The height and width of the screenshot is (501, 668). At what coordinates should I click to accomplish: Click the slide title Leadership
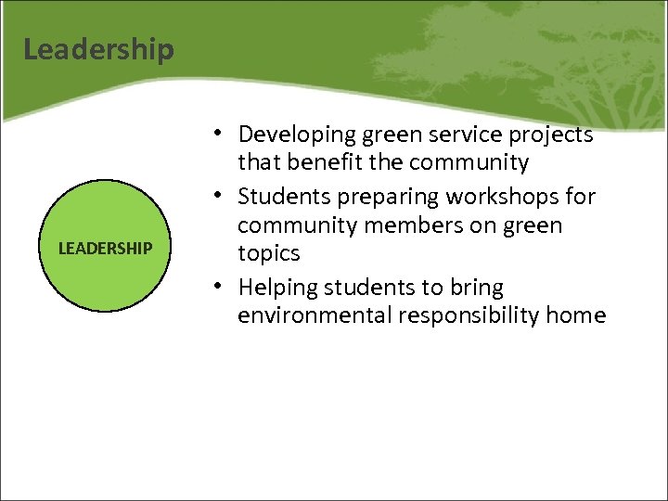98,48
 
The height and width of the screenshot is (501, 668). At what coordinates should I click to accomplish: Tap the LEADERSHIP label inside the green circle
105,249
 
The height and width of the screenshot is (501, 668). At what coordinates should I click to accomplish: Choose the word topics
269,253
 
